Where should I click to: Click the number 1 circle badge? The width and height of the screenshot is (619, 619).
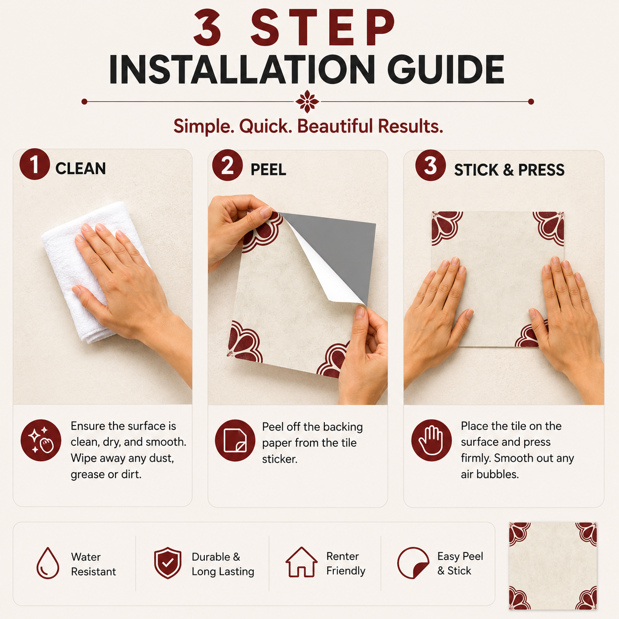click(35, 164)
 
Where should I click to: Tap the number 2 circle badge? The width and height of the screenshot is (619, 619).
click(228, 165)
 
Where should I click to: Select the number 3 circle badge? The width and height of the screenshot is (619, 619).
click(430, 165)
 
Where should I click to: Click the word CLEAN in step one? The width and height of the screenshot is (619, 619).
click(80, 169)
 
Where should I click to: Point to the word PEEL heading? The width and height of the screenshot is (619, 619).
click(268, 170)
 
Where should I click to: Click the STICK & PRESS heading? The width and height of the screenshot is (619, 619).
click(509, 170)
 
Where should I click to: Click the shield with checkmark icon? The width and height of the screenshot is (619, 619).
click(168, 563)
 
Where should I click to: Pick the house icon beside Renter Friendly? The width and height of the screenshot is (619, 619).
click(301, 562)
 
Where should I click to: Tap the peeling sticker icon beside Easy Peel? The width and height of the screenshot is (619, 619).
click(414, 563)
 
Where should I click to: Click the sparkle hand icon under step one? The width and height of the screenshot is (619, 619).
click(41, 440)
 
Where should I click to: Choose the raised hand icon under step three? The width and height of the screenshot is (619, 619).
click(431, 440)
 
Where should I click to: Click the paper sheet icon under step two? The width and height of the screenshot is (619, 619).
click(235, 440)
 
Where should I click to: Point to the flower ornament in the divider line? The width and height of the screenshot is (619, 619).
click(308, 102)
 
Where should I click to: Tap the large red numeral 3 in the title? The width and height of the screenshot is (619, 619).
click(207, 27)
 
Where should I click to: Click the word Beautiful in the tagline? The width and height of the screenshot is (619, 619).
click(335, 126)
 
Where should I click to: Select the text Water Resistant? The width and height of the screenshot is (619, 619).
click(93, 564)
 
